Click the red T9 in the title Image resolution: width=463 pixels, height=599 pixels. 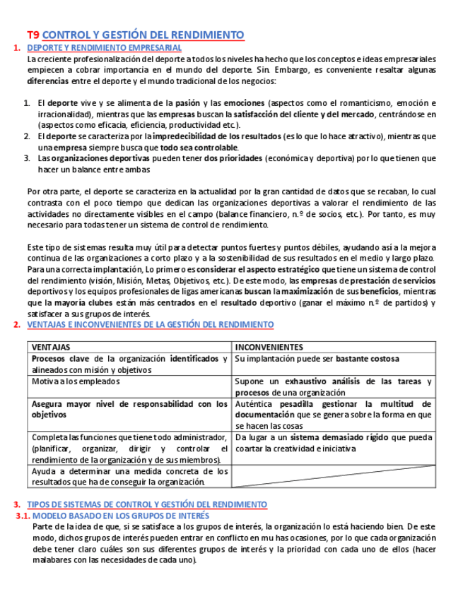[33, 35]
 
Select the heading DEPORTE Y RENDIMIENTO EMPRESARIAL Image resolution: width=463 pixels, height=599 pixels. [104, 47]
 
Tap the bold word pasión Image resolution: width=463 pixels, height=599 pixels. [187, 103]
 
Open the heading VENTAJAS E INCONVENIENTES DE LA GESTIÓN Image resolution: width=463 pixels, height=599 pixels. [150, 325]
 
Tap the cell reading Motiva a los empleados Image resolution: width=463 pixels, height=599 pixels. [74, 381]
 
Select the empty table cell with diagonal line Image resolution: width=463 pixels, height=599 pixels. [333, 476]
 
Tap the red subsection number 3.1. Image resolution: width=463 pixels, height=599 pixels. [23, 516]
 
